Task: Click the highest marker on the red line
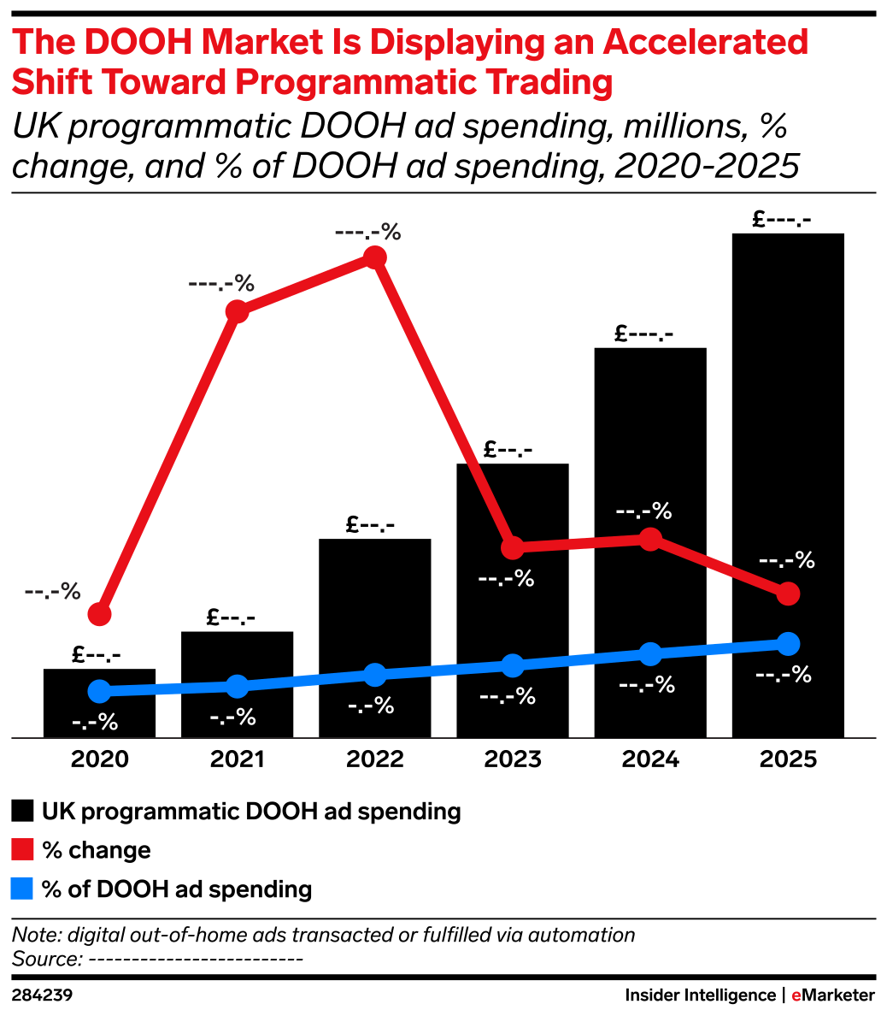pyautogui.click(x=374, y=257)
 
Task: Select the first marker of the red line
pyautogui.click(x=100, y=614)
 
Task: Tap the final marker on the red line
pyautogui.click(x=789, y=594)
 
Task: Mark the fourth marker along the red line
pyautogui.click(x=512, y=547)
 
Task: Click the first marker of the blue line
pyautogui.click(x=100, y=691)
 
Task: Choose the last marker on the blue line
pyautogui.click(x=789, y=643)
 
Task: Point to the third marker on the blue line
pyautogui.click(x=374, y=675)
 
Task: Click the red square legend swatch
pyautogui.click(x=22, y=849)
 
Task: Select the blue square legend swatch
pyautogui.click(x=22, y=889)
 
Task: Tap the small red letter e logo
pyautogui.click(x=796, y=995)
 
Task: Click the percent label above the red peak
pyautogui.click(x=367, y=232)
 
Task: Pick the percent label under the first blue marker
pyautogui.click(x=95, y=723)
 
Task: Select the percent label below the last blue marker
pyautogui.click(x=784, y=675)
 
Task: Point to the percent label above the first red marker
pyautogui.click(x=52, y=591)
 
